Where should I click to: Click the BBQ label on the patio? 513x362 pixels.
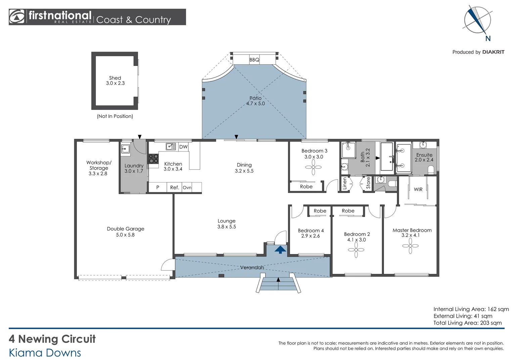pos(254,60)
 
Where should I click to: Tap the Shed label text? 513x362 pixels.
pos(115,78)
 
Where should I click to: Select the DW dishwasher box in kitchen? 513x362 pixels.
pos(183,147)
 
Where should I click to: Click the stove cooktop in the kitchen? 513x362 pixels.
pos(153,159)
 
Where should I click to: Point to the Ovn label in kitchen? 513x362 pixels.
pos(187,188)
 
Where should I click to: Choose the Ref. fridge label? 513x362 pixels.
pos(174,188)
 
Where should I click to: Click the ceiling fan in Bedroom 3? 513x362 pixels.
pos(313,167)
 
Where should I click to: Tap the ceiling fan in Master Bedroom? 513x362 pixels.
pos(410,246)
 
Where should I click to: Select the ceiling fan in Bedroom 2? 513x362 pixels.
pos(356,250)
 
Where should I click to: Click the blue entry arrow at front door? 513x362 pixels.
pos(280,249)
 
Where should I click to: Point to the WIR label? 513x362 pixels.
pos(418,189)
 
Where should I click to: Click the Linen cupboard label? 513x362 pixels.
pos(344,184)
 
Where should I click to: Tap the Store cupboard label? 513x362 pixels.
pos(368,183)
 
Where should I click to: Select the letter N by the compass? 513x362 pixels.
pos(488,39)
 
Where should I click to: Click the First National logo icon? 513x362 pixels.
pos(17,17)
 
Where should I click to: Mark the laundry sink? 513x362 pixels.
pos(126,149)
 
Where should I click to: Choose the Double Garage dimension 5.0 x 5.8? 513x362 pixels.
pos(125,235)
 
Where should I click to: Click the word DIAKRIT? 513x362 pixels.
pos(493,52)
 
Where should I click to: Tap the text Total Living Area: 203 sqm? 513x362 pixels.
pos(467,323)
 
